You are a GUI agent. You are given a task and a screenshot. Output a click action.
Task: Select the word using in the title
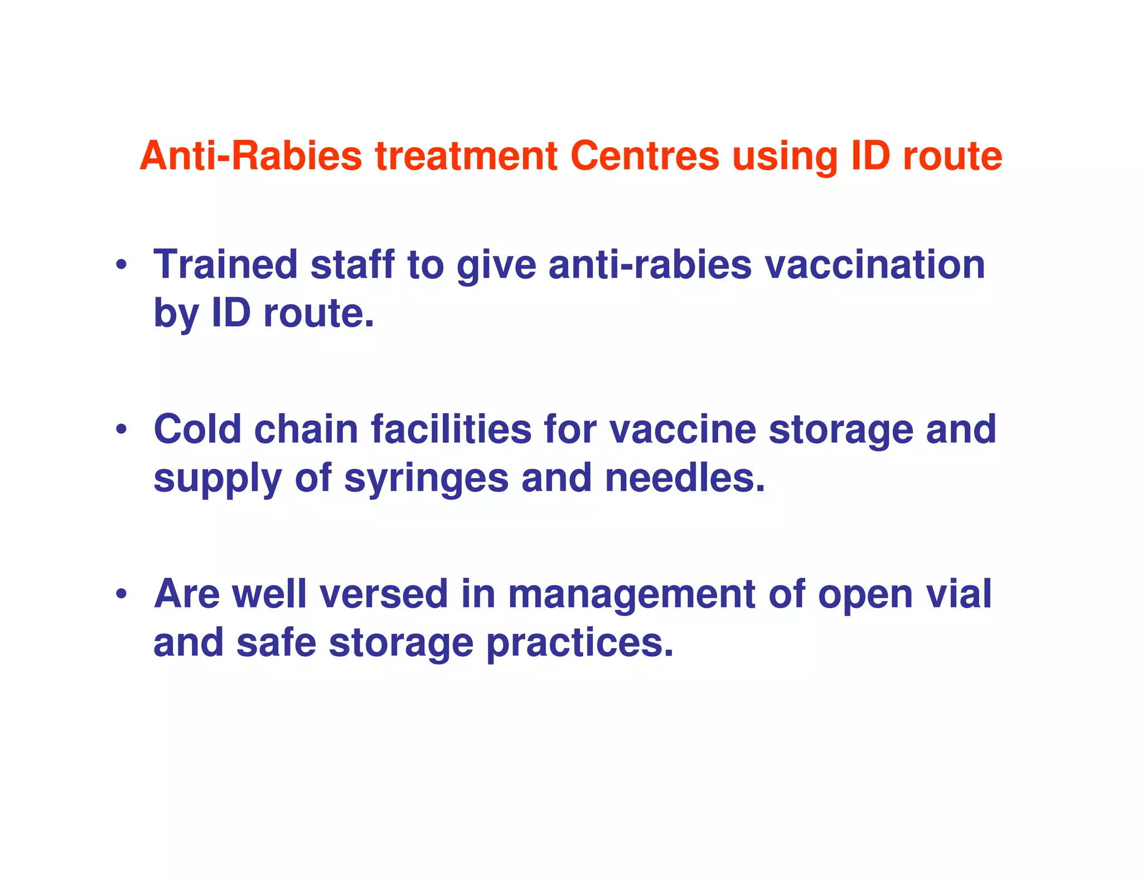(x=785, y=157)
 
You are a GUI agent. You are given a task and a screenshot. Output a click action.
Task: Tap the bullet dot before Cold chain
(x=121, y=429)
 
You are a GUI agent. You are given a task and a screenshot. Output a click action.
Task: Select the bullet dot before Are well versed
(x=121, y=594)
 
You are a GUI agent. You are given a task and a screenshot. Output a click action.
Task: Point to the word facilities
(x=451, y=429)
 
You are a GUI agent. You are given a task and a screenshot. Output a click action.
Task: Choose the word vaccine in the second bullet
(x=683, y=429)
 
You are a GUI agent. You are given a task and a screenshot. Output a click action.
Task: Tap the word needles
(x=685, y=478)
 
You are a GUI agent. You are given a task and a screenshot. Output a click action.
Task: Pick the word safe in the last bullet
(x=277, y=643)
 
